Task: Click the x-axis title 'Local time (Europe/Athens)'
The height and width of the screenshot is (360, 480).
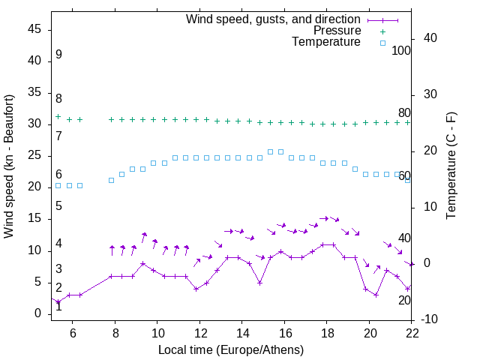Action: point(231,350)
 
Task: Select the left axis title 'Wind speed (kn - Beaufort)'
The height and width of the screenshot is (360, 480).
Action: point(9,166)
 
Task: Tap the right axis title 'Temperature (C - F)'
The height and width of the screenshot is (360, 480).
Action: point(451,166)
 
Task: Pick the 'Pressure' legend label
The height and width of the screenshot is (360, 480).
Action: point(337,31)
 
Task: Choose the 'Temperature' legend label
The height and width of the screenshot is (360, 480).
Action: point(326,43)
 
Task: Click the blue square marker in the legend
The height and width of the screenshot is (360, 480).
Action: point(382,43)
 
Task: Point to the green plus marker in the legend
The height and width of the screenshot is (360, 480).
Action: point(382,31)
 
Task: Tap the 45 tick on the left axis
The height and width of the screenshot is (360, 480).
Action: point(34,29)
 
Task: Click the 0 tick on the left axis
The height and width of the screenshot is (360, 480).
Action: point(38,314)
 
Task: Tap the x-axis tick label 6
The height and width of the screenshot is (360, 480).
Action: point(73,332)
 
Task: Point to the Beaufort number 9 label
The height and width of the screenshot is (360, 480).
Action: point(58,55)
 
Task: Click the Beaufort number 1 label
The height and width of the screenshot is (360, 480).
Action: point(58,307)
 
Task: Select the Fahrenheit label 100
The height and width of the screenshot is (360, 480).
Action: point(401,51)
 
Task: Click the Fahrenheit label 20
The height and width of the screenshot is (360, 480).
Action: point(404,301)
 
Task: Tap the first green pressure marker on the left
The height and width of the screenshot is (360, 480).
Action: point(58,116)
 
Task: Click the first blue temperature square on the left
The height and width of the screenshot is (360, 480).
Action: point(58,185)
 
